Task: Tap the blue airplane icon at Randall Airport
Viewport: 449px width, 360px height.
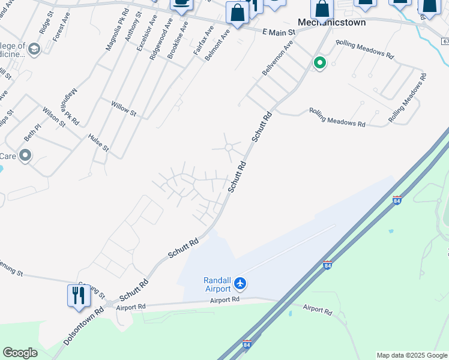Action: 240,283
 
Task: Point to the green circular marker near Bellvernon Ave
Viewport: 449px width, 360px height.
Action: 320,62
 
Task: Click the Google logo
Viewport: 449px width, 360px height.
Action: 20,353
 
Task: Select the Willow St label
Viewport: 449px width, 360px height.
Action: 124,108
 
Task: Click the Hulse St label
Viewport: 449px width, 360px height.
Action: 98,142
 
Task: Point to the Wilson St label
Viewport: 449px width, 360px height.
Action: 54,116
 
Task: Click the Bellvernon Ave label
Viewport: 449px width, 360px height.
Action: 277,59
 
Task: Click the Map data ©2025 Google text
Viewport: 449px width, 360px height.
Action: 412,355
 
